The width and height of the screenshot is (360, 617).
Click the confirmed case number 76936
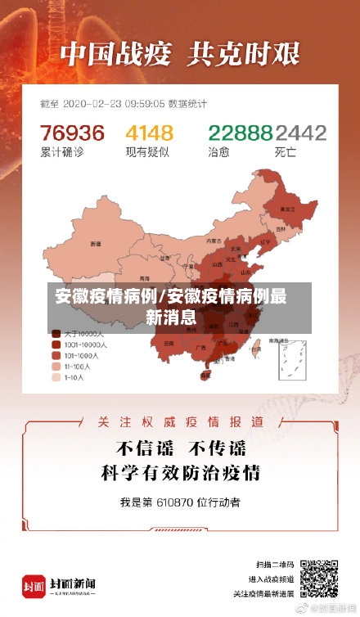pos(73,133)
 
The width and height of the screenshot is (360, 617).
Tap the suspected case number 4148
pos(149,133)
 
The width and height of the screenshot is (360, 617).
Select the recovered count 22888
pos(239,133)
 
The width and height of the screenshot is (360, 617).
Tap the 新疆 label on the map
pos(96,243)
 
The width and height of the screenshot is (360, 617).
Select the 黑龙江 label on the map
pos(287,209)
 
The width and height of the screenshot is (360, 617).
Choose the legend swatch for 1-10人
pos(56,378)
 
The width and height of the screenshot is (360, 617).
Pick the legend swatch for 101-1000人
pos(56,356)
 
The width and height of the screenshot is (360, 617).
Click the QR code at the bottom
pos(318,579)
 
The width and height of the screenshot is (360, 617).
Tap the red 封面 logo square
pos(34,586)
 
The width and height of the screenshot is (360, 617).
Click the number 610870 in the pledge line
pos(176,500)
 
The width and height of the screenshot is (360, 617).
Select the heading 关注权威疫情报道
pos(179,421)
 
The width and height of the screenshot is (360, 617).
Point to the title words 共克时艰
pos(245,55)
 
